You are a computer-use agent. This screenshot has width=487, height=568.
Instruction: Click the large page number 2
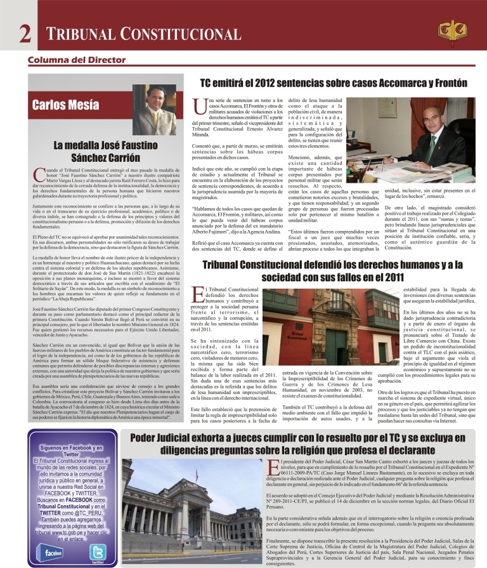(25, 34)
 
